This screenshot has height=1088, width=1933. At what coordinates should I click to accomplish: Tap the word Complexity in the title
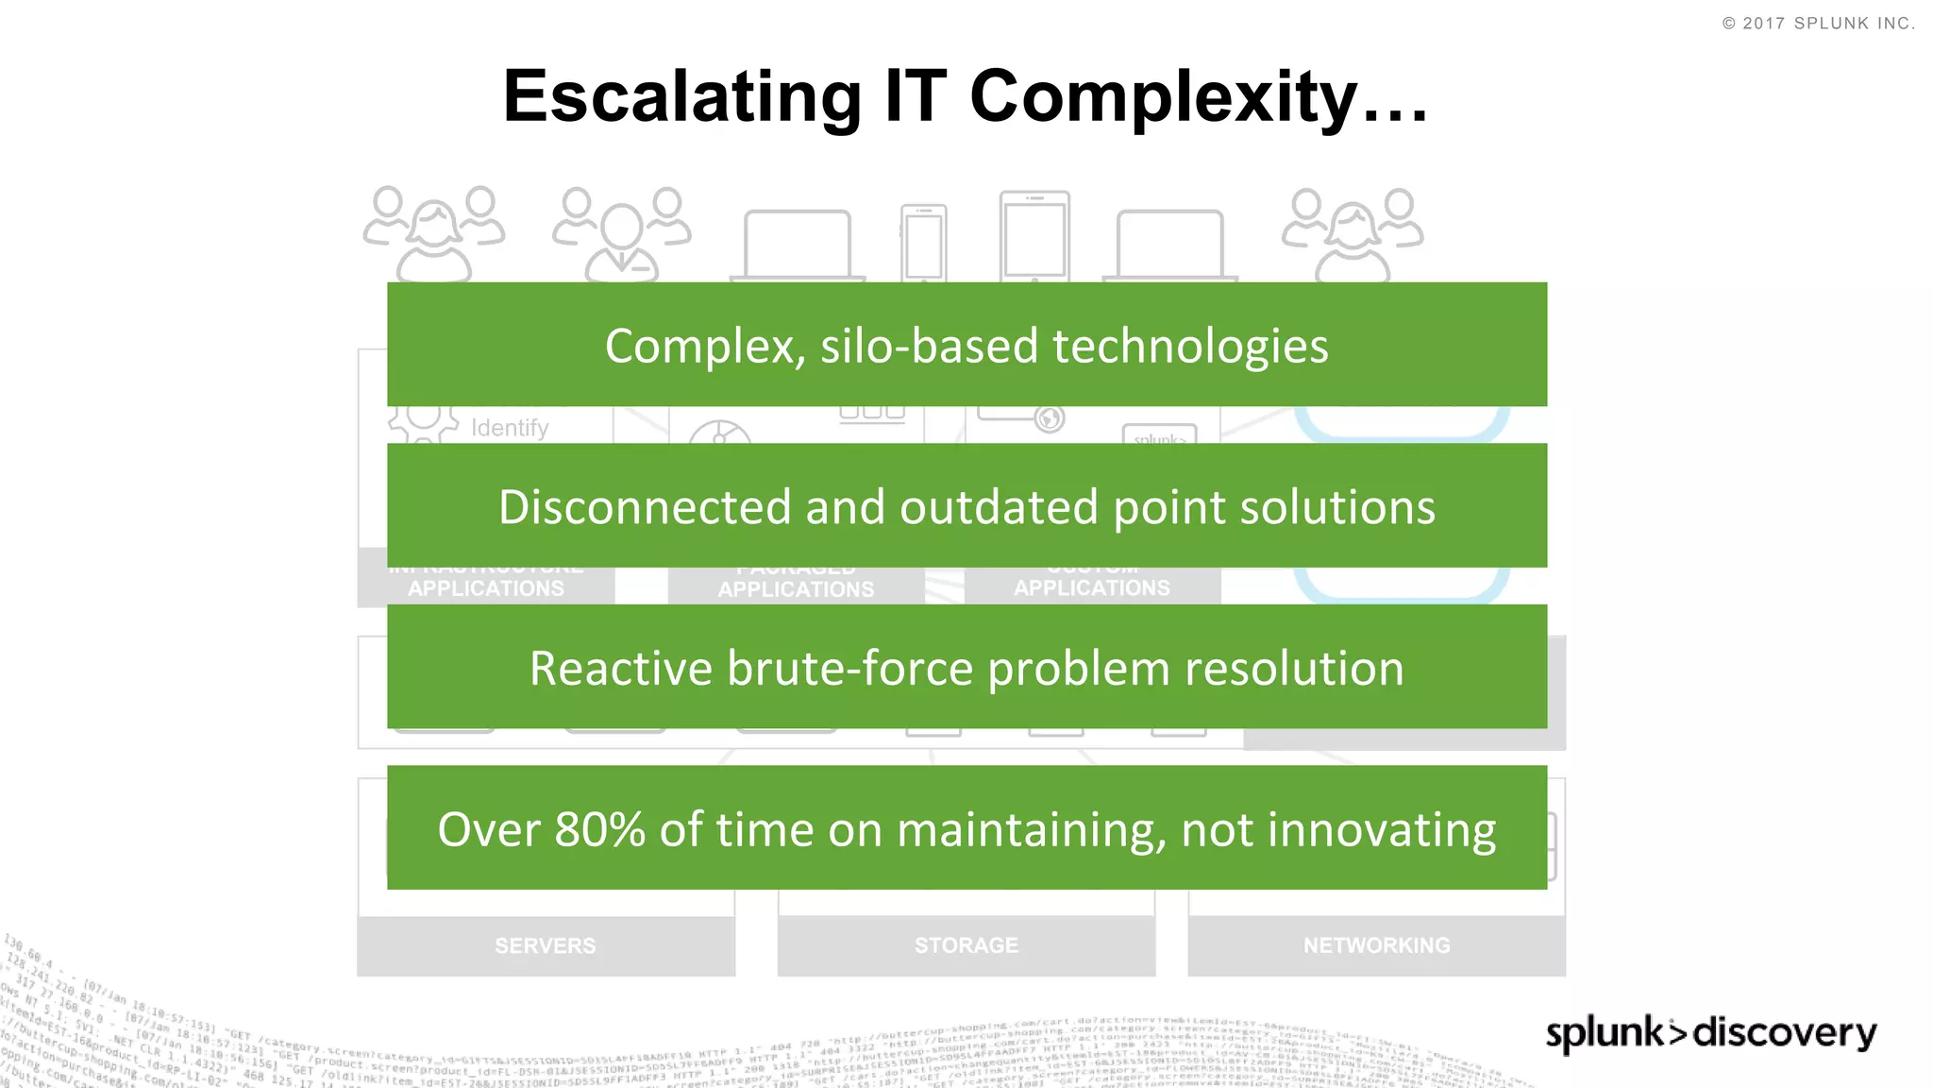(1163, 98)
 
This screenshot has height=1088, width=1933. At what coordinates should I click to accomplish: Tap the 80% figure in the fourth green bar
(599, 830)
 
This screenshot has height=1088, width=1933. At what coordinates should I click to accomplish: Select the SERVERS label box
(546, 945)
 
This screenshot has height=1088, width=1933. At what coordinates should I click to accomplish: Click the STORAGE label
(966, 945)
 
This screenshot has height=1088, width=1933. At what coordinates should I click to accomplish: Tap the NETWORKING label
(1376, 945)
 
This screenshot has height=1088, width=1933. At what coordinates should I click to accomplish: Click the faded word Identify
(510, 428)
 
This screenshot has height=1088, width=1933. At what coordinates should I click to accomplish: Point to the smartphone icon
(923, 242)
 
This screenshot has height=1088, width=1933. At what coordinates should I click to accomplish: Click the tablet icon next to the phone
(1034, 236)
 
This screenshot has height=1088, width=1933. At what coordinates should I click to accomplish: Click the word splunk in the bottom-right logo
(1605, 1033)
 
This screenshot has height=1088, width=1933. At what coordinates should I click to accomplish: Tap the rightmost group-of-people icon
(1353, 234)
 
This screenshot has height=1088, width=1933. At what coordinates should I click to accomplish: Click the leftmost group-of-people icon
(434, 233)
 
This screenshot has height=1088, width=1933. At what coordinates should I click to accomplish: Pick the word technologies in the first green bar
(1190, 346)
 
